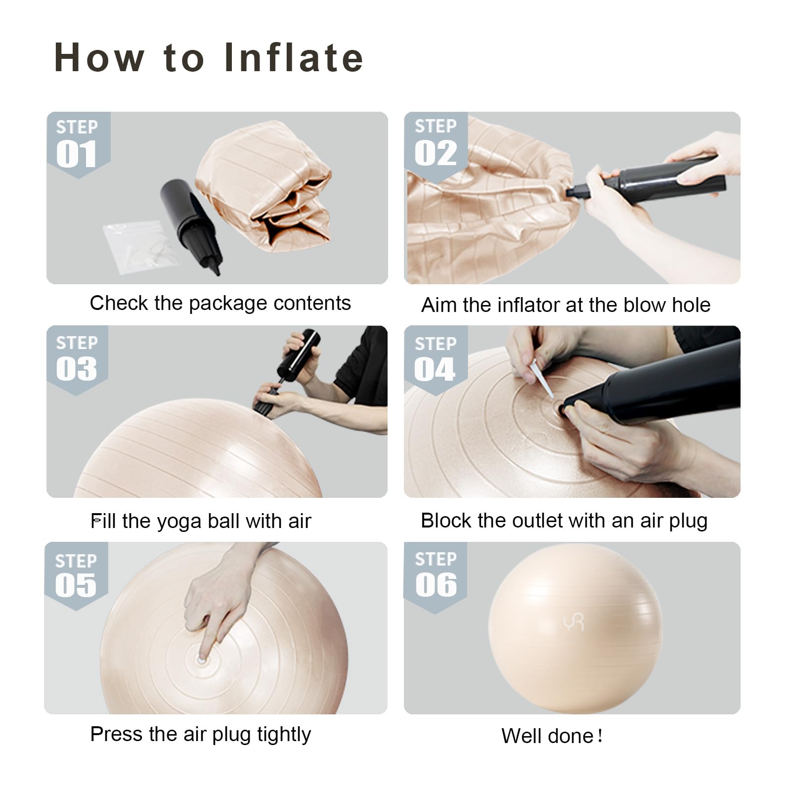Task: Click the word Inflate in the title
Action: click(294, 57)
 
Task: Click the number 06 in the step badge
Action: click(436, 584)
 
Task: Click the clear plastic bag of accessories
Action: click(140, 246)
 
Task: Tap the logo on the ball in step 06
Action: click(573, 621)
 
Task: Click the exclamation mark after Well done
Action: click(600, 736)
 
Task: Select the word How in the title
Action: click(99, 57)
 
